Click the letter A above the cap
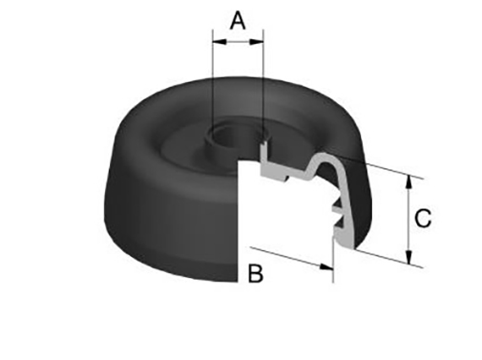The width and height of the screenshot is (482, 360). tap(238, 20)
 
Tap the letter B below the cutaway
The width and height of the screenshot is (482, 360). tap(256, 273)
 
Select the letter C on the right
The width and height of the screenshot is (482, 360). tap(423, 219)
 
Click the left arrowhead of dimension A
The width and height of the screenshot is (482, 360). tap(220, 42)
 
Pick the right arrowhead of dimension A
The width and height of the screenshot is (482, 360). tap(257, 42)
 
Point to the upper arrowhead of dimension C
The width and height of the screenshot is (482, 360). tap(409, 182)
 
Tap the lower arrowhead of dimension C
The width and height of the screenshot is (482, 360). tap(409, 257)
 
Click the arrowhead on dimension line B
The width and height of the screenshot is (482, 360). tap(326, 267)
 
